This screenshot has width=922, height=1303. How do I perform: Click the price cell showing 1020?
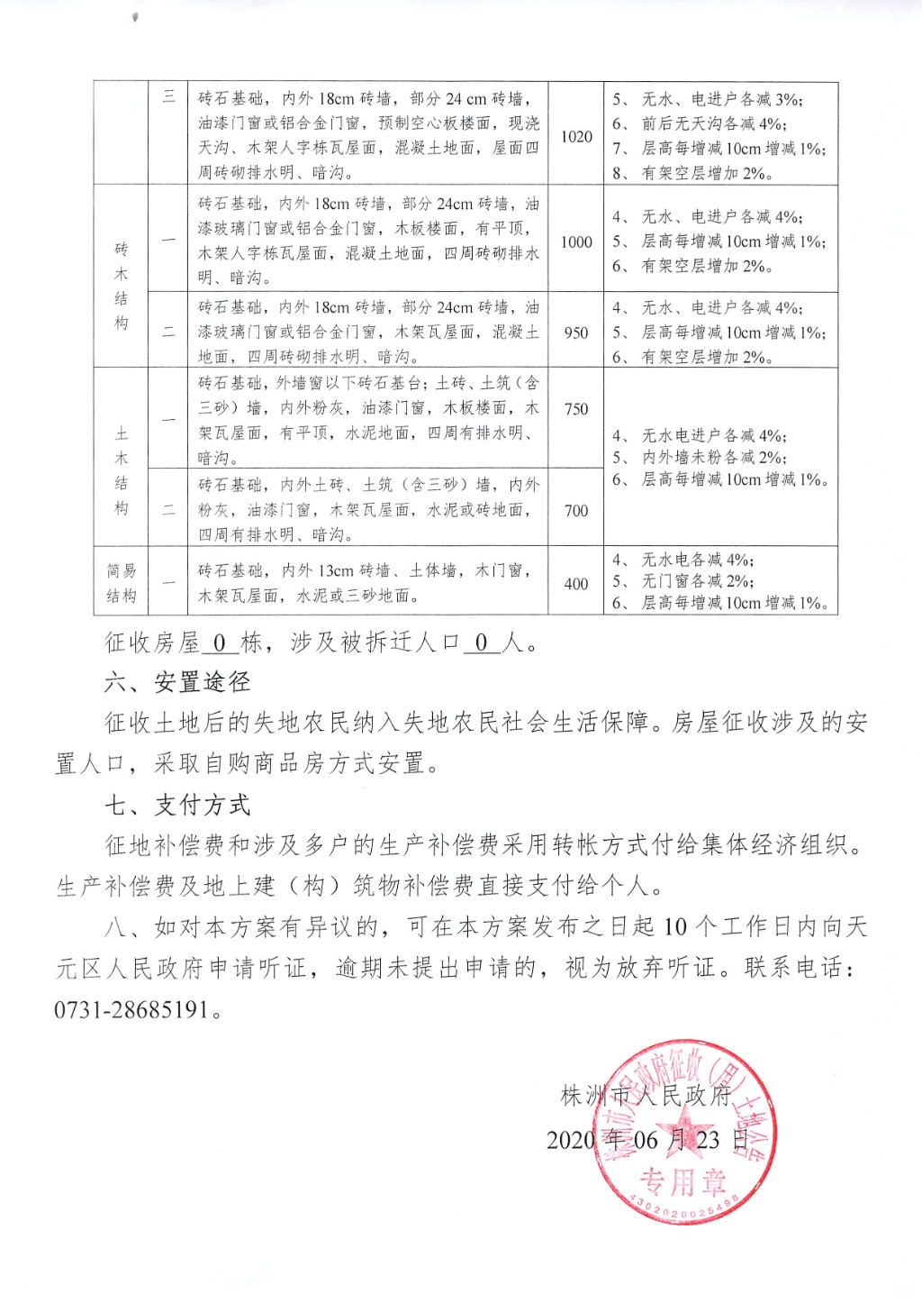coord(576,137)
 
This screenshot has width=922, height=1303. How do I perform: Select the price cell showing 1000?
coord(576,242)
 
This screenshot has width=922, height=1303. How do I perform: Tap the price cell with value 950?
coord(576,333)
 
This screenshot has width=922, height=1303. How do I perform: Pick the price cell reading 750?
coord(576,409)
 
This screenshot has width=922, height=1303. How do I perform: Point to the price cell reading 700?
coord(576,511)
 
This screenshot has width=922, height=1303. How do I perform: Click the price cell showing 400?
coord(576,584)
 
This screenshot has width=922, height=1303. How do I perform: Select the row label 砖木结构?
coord(122,286)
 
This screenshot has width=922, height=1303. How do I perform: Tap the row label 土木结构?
coord(122,470)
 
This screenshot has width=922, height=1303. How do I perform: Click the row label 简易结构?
coord(122,583)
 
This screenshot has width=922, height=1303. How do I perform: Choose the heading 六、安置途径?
coord(176,682)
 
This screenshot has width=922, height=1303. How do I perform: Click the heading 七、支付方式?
coord(176,805)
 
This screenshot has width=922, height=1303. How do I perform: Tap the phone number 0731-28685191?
coord(132,1009)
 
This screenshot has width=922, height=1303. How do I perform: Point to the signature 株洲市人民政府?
coord(646,1096)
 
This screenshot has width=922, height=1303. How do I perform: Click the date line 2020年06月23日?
coord(647,1140)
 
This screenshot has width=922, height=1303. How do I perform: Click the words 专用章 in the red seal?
coord(682,1181)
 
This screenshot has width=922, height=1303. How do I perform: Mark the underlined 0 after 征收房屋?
coord(220,642)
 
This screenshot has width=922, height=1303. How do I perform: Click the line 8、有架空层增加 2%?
coord(692,173)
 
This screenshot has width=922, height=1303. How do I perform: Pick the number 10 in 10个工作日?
coord(674,927)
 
